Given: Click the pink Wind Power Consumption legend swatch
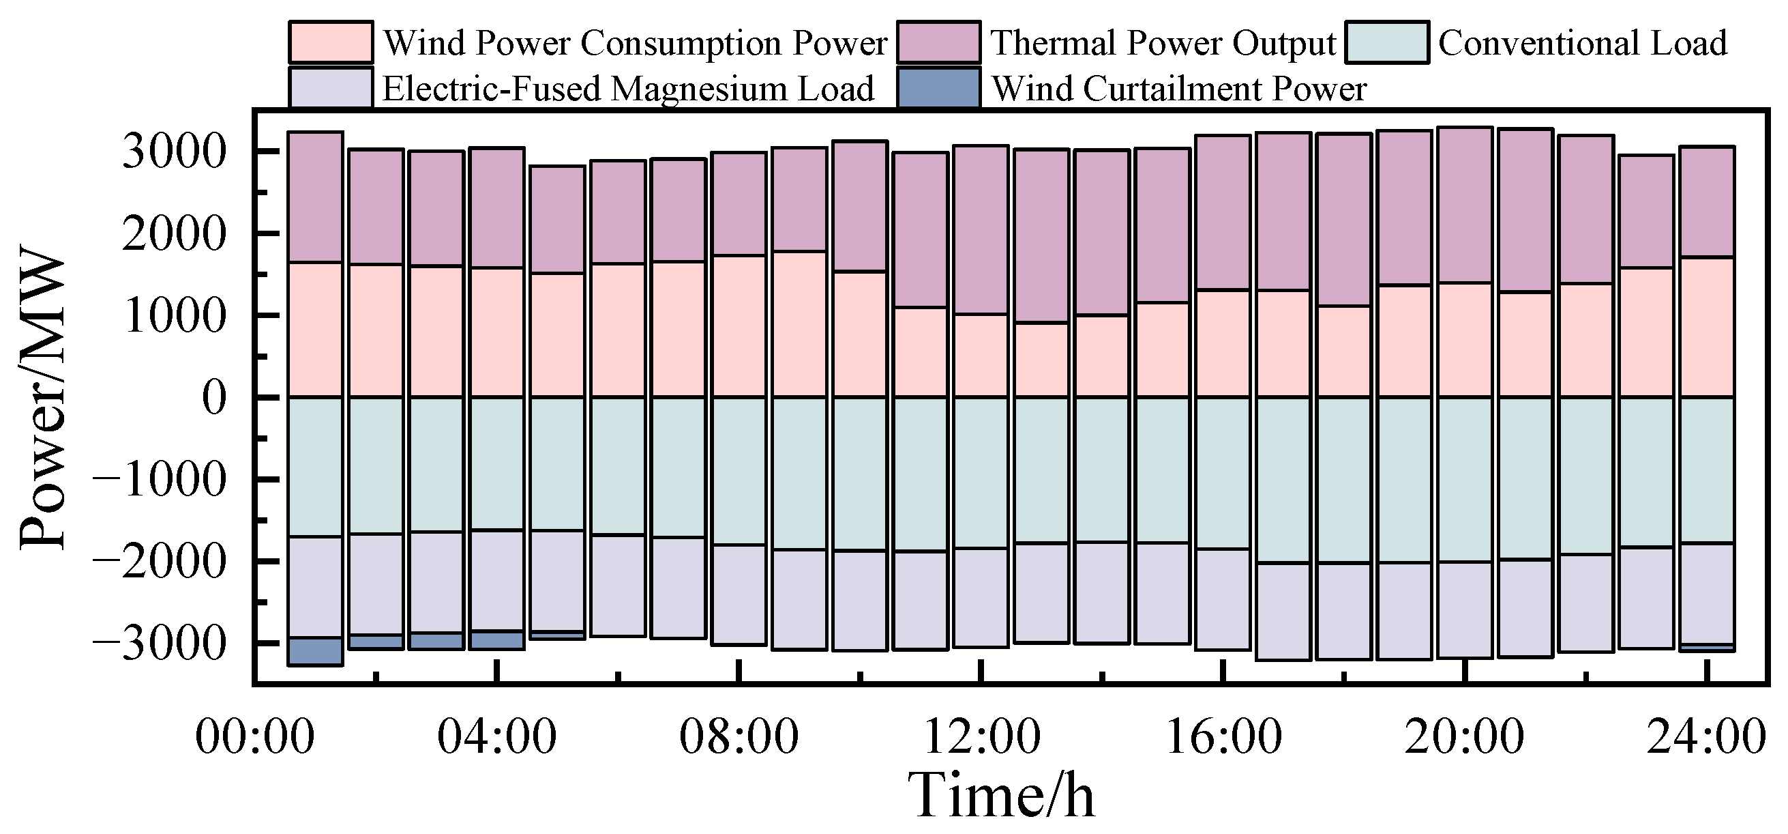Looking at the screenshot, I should pos(330,42).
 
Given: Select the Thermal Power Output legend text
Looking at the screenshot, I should pos(1163,43).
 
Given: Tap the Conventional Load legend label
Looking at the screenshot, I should pos(1582,43).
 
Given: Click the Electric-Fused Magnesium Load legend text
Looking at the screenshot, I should pos(628,89).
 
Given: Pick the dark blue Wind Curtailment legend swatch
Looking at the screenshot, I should pos(938,88).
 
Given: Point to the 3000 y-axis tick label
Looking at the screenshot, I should pos(174,152).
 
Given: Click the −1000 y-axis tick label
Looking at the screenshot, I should pos(160,480).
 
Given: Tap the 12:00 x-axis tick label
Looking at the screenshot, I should pos(981,738).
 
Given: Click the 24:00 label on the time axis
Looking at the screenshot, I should pos(1706,738).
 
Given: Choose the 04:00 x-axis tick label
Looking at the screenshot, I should pos(496,738).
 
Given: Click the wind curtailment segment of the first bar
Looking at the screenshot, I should pos(315,651).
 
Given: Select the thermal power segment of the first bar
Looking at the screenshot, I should pos(315,197).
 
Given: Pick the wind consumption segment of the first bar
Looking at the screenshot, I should pos(315,330).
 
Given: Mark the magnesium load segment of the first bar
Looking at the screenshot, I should pos(315,587).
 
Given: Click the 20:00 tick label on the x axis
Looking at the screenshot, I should pos(1465,738).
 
